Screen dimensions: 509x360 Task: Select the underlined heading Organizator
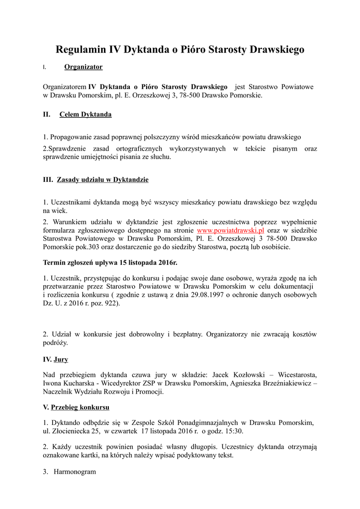[84, 67]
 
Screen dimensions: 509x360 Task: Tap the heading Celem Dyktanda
[85, 114]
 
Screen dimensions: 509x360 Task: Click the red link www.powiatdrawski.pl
[230, 231]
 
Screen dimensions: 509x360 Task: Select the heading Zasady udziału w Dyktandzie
[102, 179]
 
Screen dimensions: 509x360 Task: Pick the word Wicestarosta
[297, 374]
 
